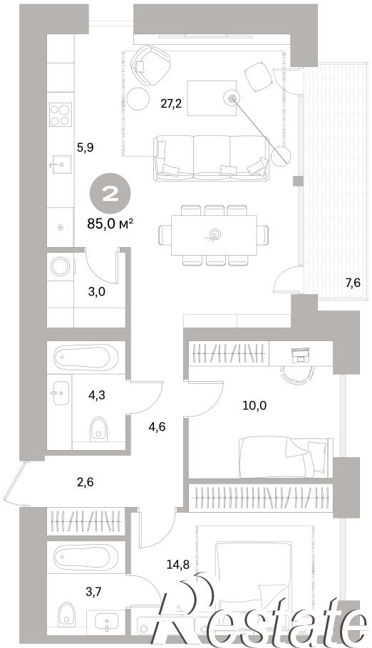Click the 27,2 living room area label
172,103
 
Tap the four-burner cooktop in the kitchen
61,115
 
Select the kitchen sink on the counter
60,164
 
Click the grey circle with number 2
110,194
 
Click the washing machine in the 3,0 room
61,266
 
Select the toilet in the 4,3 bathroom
99,428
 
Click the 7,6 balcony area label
353,283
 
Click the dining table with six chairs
214,236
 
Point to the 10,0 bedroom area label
254,405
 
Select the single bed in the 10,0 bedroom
286,457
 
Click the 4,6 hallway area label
157,427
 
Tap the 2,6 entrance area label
85,482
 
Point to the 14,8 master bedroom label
178,565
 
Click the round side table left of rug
138,99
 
